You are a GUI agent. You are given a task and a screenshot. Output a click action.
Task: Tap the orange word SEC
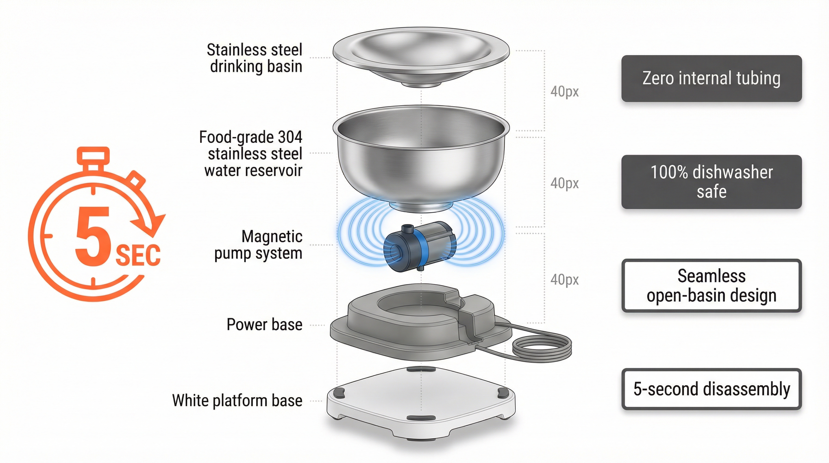pos(138,255)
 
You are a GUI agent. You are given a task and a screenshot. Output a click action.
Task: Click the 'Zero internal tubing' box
pos(711,79)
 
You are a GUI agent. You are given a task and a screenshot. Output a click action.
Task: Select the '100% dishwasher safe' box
pos(711,182)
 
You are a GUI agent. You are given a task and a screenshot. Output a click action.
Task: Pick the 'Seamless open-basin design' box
pos(711,285)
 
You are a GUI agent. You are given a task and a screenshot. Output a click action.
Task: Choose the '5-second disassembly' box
pos(711,389)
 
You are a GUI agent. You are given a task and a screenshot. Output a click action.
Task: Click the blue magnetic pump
pos(419,247)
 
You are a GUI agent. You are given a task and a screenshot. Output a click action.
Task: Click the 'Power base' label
pos(264,325)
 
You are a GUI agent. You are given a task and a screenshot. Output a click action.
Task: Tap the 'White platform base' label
pos(237,401)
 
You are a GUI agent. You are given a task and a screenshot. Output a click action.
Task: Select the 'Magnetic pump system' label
pos(258,245)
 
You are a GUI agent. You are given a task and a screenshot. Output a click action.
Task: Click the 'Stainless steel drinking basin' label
pos(254,58)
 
